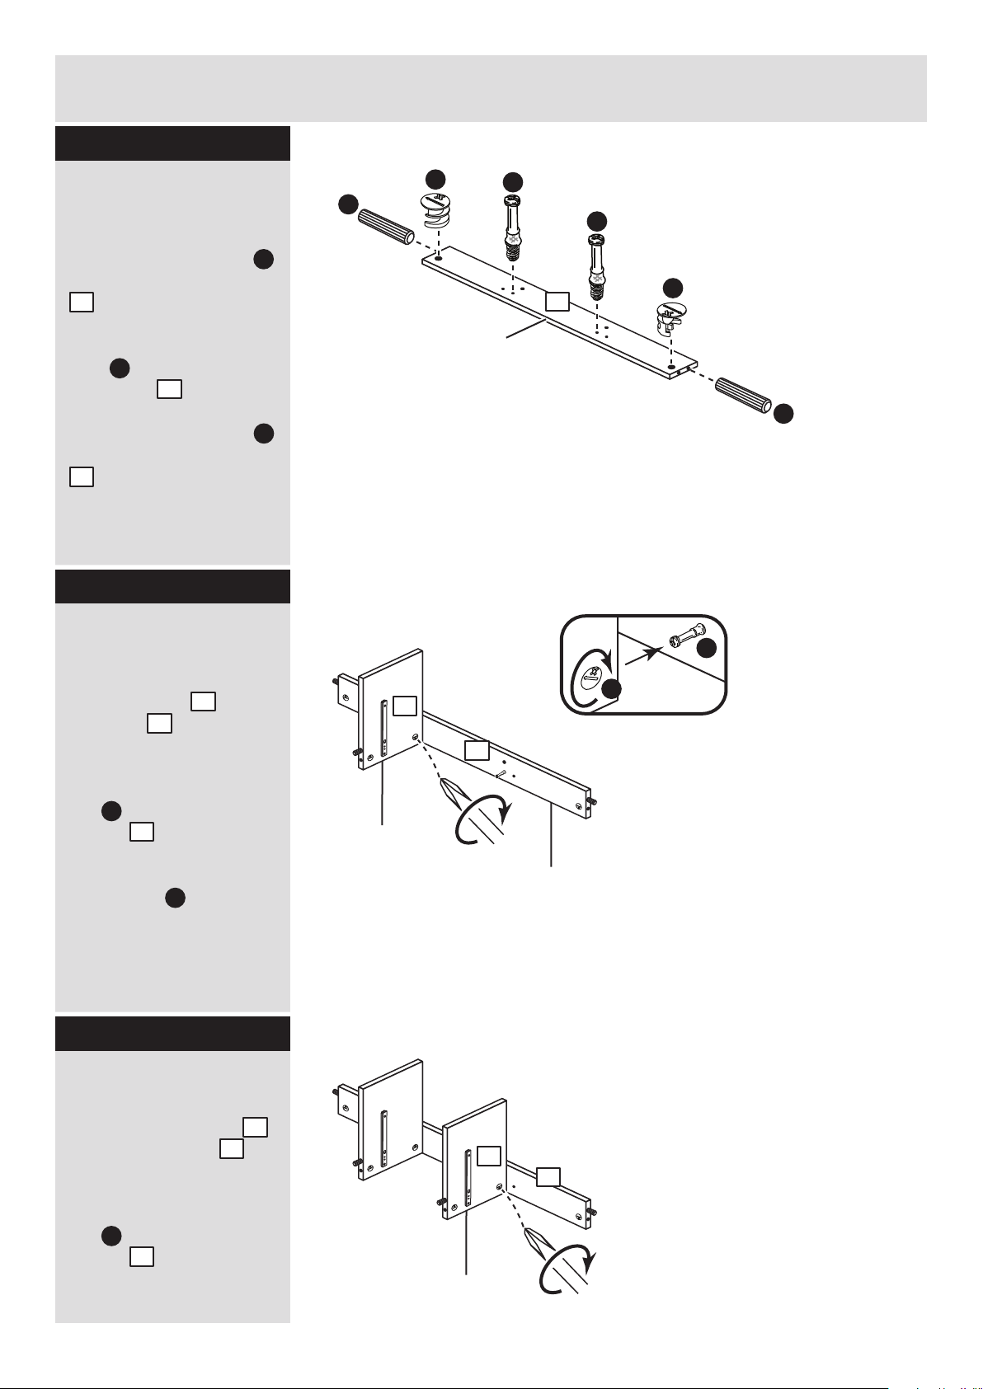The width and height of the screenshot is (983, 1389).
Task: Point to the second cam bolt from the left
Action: click(596, 264)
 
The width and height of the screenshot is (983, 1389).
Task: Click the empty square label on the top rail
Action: click(557, 301)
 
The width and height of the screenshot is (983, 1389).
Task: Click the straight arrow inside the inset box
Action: click(643, 655)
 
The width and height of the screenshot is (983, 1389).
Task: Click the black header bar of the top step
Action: click(172, 143)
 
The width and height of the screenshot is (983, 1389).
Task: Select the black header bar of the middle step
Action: click(172, 586)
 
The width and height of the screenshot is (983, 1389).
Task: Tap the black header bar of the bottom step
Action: click(172, 1034)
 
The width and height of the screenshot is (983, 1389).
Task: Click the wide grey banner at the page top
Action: click(491, 88)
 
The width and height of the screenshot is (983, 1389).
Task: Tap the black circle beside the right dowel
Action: click(784, 414)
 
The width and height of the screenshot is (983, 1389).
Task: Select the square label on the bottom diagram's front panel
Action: click(489, 1156)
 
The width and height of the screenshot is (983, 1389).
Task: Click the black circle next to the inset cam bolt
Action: click(707, 650)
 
